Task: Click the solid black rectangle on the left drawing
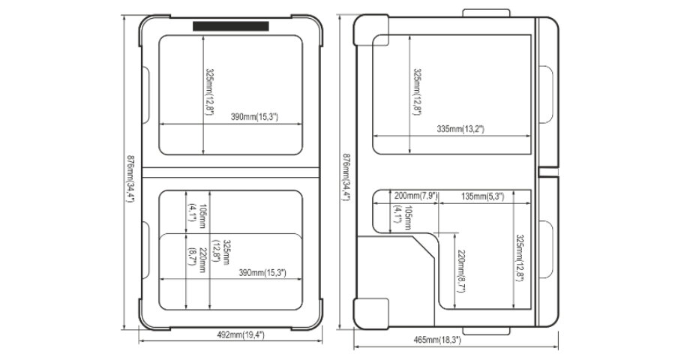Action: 231,26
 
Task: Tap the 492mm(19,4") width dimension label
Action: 241,334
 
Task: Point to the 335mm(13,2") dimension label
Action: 460,129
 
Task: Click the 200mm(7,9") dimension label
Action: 416,196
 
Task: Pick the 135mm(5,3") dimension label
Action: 482,196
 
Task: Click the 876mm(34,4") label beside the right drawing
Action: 346,177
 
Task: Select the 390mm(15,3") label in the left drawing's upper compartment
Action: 254,117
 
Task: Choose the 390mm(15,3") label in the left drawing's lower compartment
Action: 262,273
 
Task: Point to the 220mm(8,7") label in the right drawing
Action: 461,271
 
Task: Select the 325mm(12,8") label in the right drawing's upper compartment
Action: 417,92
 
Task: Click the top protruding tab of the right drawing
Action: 486,13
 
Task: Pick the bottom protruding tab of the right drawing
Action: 486,331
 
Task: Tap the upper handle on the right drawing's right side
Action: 546,94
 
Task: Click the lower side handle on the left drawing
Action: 145,250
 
